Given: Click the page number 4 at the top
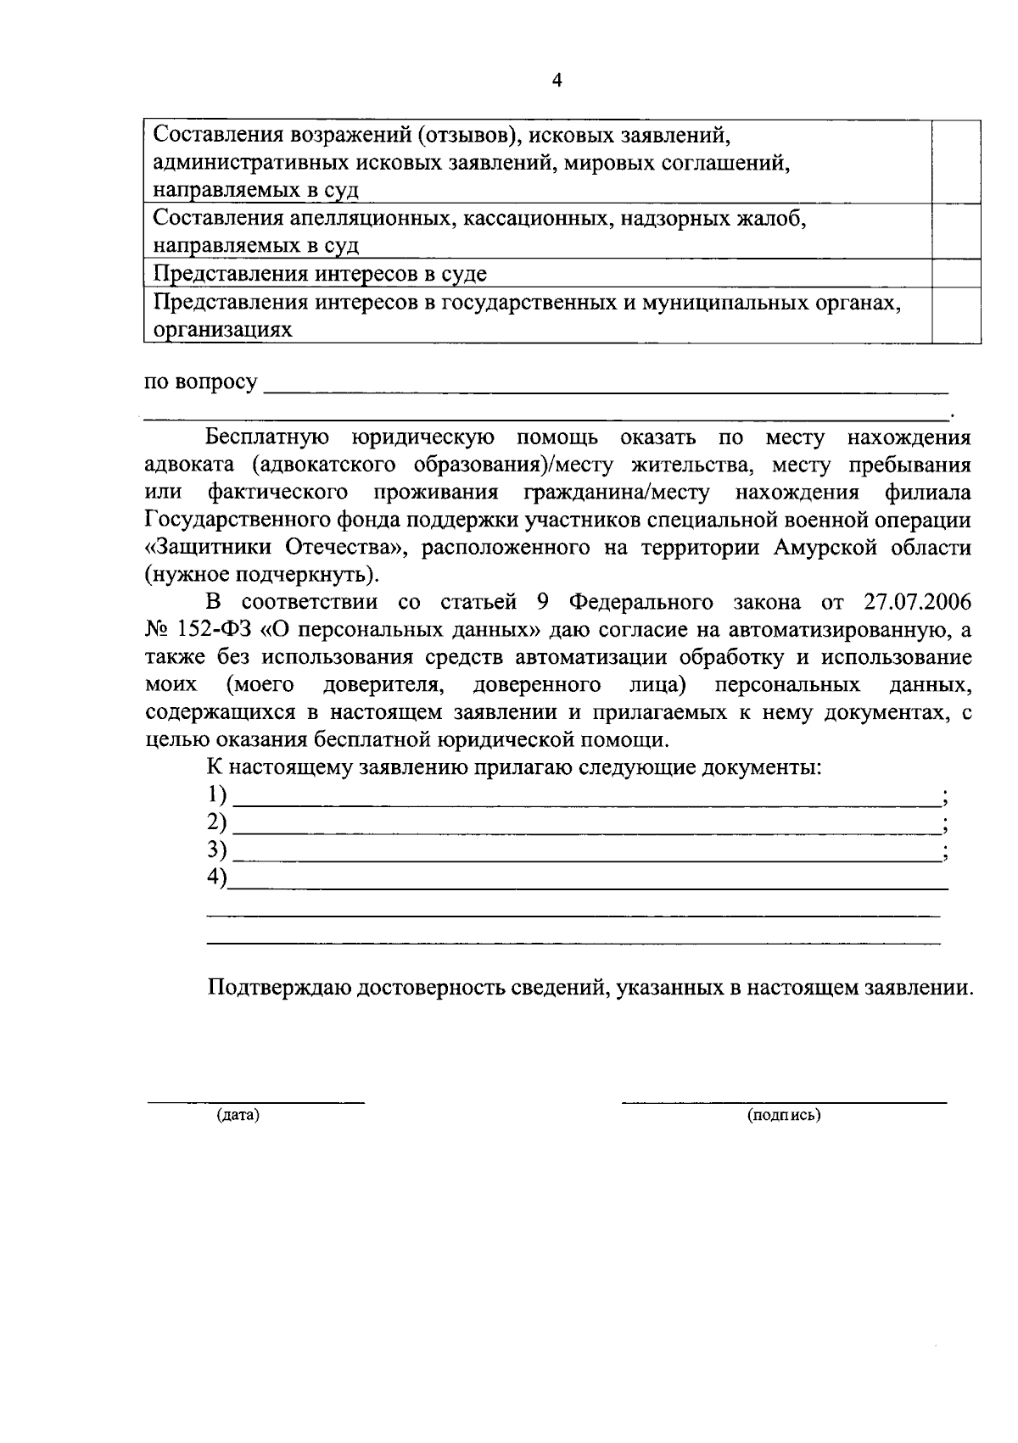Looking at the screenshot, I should tap(557, 81).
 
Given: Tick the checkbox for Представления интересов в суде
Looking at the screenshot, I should tap(957, 274).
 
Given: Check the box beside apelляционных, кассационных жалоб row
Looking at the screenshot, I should tap(957, 231).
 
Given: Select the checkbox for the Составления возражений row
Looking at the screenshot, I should tap(957, 161).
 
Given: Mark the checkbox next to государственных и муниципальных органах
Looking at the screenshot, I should tap(957, 315).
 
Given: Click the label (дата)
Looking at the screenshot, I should tap(238, 1116).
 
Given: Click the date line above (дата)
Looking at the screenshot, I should tap(256, 1100).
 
